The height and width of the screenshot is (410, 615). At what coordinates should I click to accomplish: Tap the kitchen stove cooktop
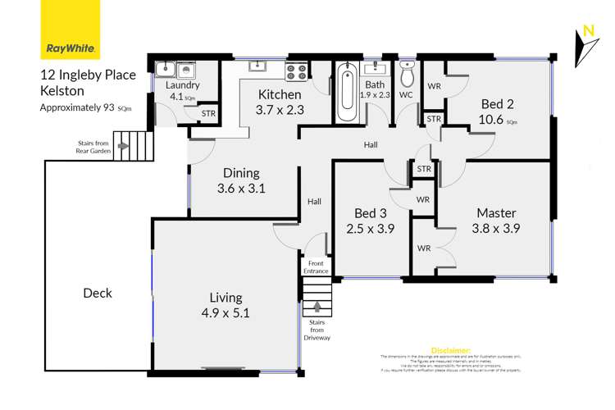click(295, 71)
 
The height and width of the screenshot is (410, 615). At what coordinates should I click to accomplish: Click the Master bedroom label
click(498, 221)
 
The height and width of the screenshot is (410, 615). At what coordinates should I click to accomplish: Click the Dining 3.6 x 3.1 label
click(240, 180)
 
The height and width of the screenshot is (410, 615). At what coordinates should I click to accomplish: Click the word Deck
click(97, 293)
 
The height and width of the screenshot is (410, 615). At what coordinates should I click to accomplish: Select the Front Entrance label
click(316, 266)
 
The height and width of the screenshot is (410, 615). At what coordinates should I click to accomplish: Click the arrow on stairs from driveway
click(317, 308)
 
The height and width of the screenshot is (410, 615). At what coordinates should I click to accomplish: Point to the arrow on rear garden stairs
click(123, 147)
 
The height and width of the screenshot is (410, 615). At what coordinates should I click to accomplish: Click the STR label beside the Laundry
click(208, 114)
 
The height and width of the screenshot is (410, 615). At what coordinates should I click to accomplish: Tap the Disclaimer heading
click(450, 349)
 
